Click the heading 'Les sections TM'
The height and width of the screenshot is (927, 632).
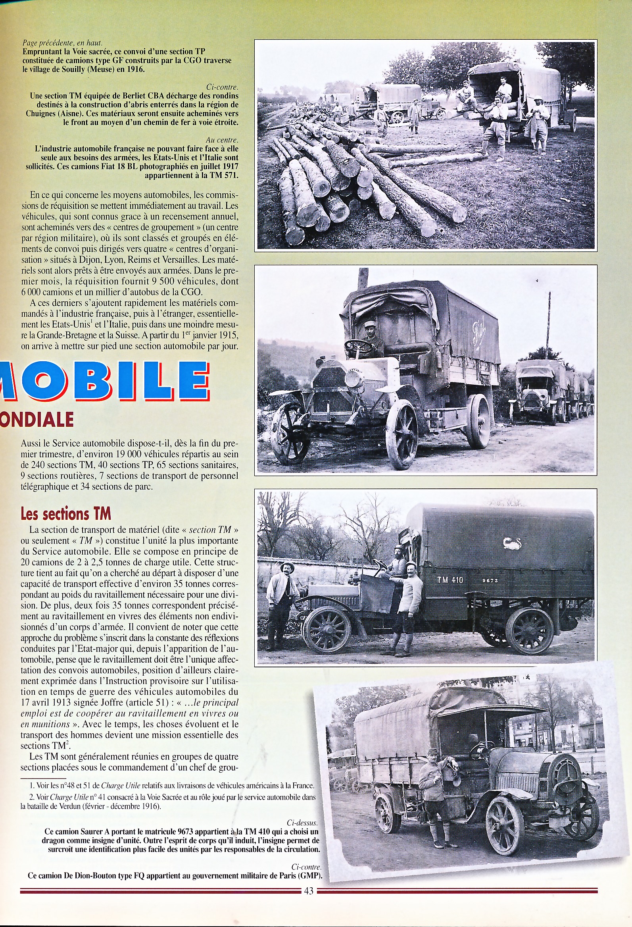(x=66, y=514)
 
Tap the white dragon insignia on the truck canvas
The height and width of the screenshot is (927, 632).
(x=512, y=543)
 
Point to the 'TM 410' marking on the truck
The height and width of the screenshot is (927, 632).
(x=450, y=580)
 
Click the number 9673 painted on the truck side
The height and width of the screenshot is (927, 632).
(x=490, y=581)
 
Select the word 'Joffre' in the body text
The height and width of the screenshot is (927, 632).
(x=112, y=702)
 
